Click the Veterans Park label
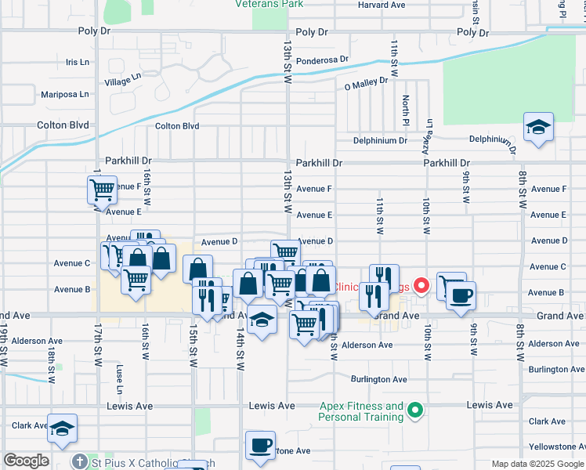click(269, 4)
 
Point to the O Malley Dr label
click(366, 81)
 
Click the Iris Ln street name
click(78, 62)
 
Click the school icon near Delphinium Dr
click(538, 128)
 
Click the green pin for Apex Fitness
click(416, 410)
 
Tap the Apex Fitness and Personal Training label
click(361, 411)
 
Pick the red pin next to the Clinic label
click(421, 286)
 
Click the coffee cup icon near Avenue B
click(461, 295)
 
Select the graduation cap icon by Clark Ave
click(62, 428)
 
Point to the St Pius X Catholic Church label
click(149, 463)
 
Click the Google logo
click(26, 461)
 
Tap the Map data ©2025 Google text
click(537, 464)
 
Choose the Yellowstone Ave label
click(558, 446)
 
